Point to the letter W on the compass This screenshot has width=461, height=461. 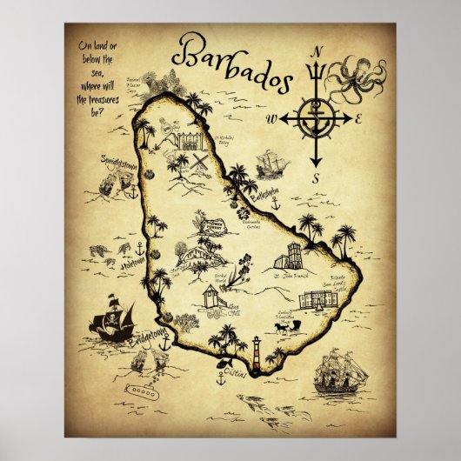tap(271, 118)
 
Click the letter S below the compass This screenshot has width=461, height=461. tap(317, 178)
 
